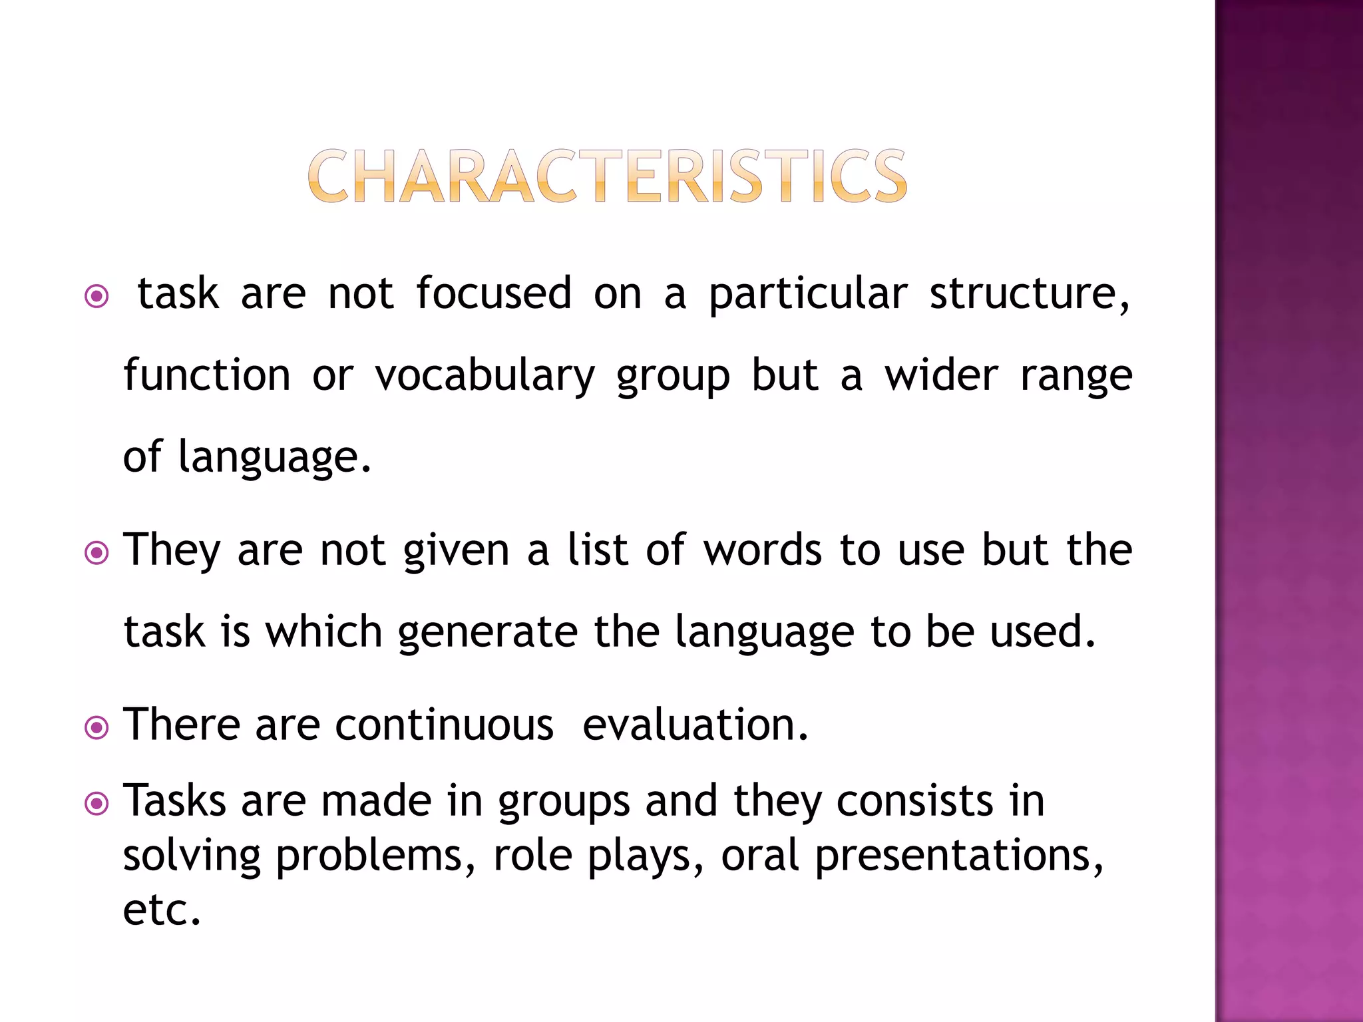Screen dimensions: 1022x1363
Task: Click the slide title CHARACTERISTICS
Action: point(607,176)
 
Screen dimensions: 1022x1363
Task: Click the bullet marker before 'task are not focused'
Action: point(97,296)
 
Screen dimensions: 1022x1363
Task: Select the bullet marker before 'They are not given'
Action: point(97,552)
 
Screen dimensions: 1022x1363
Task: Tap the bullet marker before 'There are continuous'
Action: point(97,727)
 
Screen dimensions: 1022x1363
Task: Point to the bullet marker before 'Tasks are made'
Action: point(97,804)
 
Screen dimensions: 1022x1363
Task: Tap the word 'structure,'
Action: point(1029,294)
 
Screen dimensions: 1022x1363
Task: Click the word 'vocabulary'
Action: point(485,377)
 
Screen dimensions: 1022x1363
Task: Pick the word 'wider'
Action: point(941,375)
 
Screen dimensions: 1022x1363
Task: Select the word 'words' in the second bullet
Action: point(763,550)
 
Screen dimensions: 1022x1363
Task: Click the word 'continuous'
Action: point(444,725)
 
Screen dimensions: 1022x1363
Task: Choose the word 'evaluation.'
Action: point(695,725)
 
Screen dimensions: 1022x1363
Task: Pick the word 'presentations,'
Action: point(959,857)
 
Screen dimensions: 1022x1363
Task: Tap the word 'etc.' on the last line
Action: point(162,910)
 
